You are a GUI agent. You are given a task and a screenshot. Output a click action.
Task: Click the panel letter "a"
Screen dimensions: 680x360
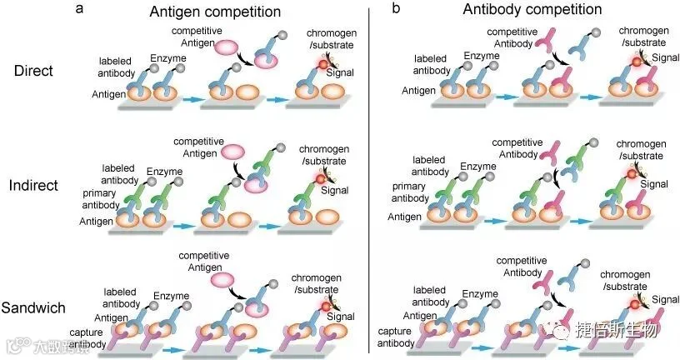tap(78, 9)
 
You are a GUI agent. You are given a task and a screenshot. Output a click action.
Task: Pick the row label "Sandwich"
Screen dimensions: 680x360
tap(34, 307)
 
